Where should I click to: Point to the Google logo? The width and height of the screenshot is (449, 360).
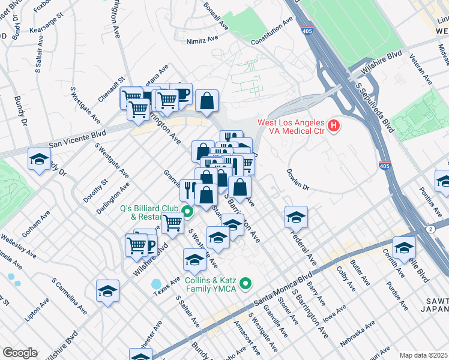click(20, 353)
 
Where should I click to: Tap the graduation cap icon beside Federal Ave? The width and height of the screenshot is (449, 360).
click(296, 217)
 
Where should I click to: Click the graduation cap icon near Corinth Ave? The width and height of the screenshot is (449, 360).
click(404, 247)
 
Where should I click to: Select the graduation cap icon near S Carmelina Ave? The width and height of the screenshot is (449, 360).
click(107, 291)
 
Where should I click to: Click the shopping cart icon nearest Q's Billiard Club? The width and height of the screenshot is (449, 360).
click(173, 223)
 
